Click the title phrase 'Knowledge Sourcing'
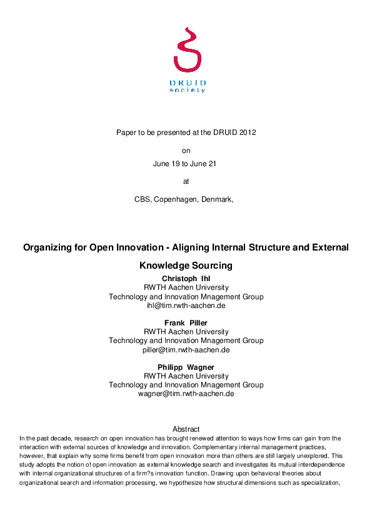[186, 265]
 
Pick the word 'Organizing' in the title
[50, 248]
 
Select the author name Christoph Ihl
[186, 279]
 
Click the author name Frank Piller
[186, 323]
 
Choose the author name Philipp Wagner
[186, 367]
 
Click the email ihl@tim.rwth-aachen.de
[186, 306]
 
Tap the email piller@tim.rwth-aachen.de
[186, 350]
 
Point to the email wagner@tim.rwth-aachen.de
[186, 394]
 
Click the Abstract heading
[186, 429]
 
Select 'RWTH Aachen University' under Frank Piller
[186, 332]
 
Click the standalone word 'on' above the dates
[186, 151]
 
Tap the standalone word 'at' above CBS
[186, 182]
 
